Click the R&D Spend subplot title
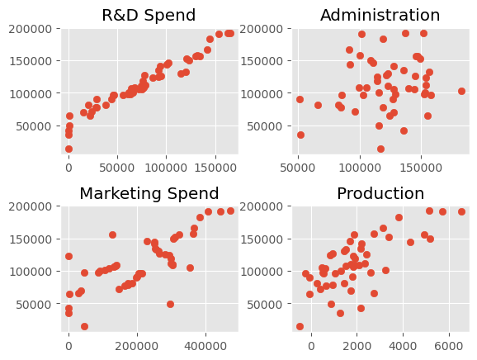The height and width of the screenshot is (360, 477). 149,15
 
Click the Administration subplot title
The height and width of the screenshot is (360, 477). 380,15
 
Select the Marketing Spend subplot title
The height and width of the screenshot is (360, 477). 149,194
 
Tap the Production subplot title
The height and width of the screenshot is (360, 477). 380,193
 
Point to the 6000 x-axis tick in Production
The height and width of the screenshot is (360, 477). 449,346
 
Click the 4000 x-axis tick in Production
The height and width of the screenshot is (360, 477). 403,346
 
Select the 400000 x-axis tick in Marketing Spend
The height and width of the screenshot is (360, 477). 205,346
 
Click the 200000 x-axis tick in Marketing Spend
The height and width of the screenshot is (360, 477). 137,346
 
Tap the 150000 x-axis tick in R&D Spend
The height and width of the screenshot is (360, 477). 215,168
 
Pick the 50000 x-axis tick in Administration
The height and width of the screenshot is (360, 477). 298,168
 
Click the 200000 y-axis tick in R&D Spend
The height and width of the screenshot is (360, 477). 31,29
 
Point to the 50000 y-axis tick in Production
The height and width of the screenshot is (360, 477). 265,305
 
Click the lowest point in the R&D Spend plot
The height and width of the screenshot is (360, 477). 68,149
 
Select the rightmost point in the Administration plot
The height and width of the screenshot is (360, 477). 461,91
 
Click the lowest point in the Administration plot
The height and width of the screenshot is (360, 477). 380,149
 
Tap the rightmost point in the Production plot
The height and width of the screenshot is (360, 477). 461,212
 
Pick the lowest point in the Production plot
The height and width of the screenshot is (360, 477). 300,326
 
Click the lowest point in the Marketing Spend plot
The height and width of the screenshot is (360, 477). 84,326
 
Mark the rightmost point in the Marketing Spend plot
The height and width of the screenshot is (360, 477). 230,211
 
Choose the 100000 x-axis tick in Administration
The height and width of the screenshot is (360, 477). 360,168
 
